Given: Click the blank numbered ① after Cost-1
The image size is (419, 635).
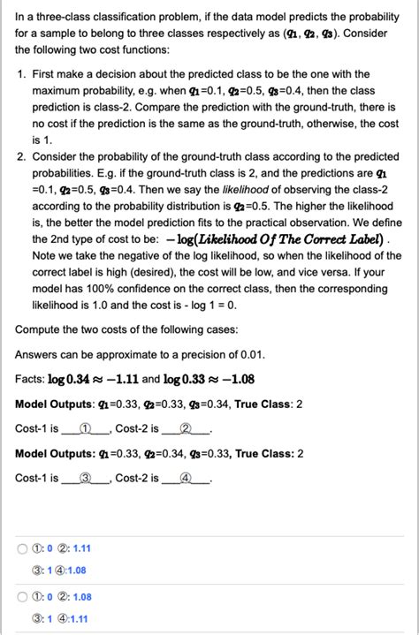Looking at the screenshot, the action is [86, 428].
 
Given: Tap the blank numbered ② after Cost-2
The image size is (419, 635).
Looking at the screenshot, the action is [186, 428].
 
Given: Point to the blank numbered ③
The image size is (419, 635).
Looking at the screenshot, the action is [86, 478].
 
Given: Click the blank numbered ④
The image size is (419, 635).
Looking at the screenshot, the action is [186, 478].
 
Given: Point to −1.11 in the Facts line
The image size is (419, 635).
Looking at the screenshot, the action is [120, 379].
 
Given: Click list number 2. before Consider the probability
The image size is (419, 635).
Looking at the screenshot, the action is [22, 155].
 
